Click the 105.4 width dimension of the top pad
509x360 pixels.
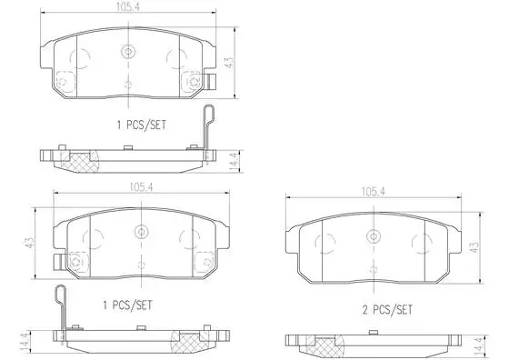point(128,7)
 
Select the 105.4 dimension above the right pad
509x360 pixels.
point(374,192)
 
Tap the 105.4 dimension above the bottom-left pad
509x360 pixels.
point(141,187)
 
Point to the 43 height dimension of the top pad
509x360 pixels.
point(229,63)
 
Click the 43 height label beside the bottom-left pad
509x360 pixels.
point(30,243)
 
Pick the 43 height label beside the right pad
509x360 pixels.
point(474,247)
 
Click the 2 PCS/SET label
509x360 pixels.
point(387,310)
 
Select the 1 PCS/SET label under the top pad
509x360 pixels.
point(142,125)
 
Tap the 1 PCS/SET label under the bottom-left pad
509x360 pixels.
point(127,305)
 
